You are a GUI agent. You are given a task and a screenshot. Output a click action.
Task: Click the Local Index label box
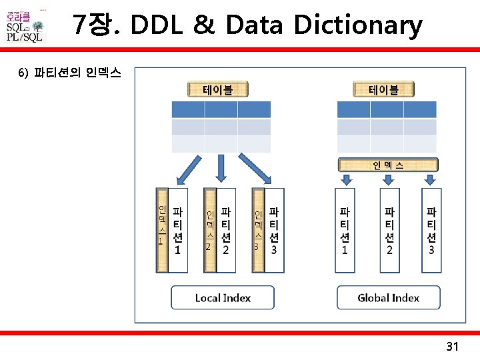click(223, 297)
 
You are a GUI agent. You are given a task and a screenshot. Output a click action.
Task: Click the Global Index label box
click(388, 297)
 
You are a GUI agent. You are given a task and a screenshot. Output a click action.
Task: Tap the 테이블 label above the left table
click(218, 89)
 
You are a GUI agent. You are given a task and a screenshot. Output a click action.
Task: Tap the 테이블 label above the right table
click(383, 89)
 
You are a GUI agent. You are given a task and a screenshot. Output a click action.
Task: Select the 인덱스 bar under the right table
click(387, 164)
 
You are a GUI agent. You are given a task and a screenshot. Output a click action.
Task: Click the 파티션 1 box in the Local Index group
click(178, 230)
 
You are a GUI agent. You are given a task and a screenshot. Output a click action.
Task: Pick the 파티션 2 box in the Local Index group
click(226, 230)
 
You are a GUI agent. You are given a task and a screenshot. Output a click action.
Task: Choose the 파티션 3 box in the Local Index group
click(274, 230)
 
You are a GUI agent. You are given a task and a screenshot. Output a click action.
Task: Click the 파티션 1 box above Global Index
click(345, 230)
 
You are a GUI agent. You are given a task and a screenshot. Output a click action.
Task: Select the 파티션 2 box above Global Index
click(389, 230)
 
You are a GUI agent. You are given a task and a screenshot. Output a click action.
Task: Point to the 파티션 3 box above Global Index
click(431, 230)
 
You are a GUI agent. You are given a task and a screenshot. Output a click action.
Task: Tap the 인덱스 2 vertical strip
click(209, 230)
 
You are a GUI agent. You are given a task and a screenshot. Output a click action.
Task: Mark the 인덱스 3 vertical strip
click(257, 230)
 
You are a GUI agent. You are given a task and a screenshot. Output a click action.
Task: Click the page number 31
click(453, 347)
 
